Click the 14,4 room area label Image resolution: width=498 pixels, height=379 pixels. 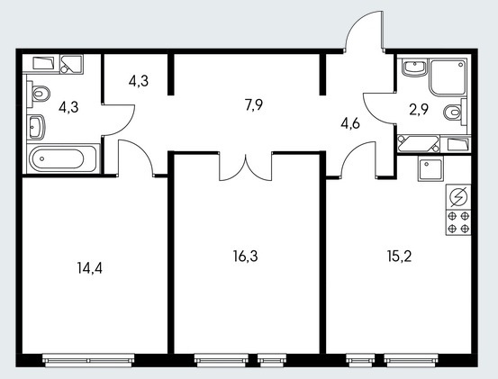pos(89,268)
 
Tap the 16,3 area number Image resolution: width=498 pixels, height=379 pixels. pos(245,256)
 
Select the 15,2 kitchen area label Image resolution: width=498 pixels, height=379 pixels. pos(399,256)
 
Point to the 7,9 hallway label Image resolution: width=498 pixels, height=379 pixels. pos(254,104)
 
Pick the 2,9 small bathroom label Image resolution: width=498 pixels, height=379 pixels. pos(419,110)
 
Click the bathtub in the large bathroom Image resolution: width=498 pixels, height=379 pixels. pos(63,158)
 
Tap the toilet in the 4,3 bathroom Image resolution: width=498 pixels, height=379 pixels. pos(39,94)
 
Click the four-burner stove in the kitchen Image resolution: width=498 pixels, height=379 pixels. pos(458,222)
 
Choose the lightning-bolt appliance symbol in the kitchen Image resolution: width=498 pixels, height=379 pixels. pos(458,197)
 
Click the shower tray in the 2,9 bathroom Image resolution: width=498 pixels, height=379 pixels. pos(448,77)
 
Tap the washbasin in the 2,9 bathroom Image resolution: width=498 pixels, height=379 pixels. pos(414,68)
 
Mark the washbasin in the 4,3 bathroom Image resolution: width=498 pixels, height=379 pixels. pos(36,127)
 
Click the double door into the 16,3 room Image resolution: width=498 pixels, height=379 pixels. pos(246,167)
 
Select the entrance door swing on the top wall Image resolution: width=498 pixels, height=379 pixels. pos(364,32)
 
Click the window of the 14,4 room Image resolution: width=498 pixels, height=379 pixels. pos(88,360)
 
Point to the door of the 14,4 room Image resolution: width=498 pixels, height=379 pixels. pos(136,158)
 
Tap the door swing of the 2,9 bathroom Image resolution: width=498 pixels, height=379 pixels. pos(379,108)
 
